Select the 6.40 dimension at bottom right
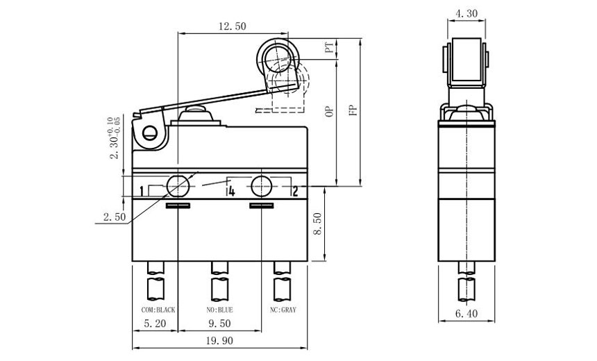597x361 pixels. point(466,314)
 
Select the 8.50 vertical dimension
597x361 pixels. point(319,224)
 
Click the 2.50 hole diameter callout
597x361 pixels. point(114,217)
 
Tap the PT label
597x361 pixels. point(330,49)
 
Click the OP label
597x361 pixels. point(330,112)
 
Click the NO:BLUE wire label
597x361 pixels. point(221,310)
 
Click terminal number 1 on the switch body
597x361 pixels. point(142,191)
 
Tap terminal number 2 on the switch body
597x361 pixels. point(294,191)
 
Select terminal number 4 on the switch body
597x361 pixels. point(230,191)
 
